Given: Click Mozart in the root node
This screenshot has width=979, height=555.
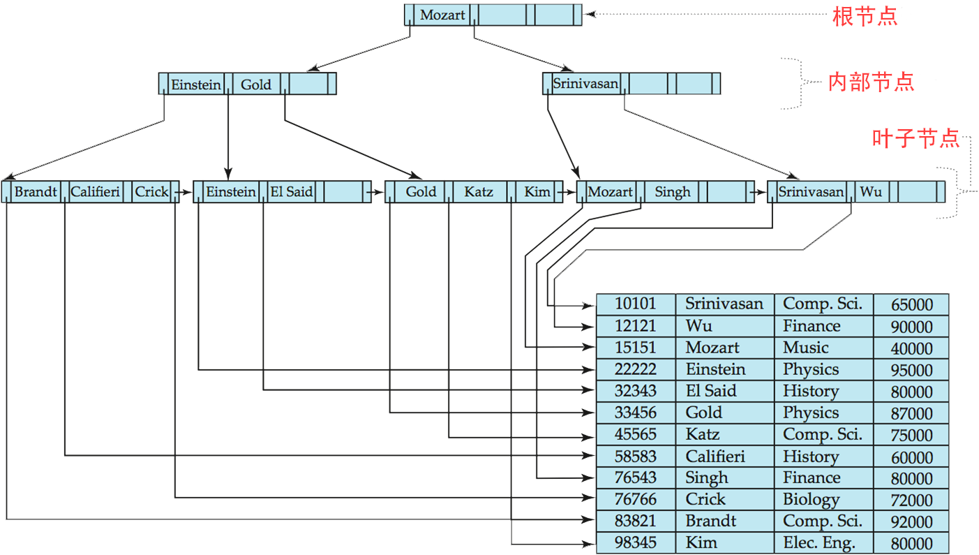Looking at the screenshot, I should [x=442, y=15].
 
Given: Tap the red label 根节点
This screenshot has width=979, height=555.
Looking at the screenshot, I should [x=865, y=16].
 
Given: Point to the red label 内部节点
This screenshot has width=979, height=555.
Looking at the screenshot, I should [x=871, y=82].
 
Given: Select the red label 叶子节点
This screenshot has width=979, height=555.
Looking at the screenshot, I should [x=916, y=138].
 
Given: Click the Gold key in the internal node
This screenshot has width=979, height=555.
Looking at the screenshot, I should [x=256, y=84].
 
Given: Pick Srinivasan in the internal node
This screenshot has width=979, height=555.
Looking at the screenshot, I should [x=585, y=84].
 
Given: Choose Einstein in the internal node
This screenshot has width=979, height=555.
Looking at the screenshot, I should [x=196, y=84].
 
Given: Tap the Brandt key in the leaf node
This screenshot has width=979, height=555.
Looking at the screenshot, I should [x=36, y=192].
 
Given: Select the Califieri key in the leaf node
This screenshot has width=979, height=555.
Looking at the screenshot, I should [x=96, y=192].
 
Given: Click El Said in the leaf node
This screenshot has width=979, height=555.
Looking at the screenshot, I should [x=291, y=192].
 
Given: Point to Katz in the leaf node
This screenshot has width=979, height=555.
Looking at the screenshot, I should [x=479, y=192].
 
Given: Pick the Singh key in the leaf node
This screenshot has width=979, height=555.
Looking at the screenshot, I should [x=672, y=192].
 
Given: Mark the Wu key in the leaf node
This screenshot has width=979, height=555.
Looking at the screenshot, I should [x=871, y=192].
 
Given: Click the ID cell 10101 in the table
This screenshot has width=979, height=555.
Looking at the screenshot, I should [x=636, y=304].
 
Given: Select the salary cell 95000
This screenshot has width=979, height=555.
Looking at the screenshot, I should [x=911, y=370].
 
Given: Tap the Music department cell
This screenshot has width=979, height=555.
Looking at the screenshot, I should [x=806, y=348].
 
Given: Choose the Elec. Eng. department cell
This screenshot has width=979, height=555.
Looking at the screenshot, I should [x=819, y=543].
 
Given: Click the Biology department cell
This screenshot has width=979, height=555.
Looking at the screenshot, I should [x=811, y=500].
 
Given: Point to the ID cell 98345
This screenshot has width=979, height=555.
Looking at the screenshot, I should [x=636, y=543].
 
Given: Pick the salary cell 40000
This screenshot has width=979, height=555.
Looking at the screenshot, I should [x=911, y=348].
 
